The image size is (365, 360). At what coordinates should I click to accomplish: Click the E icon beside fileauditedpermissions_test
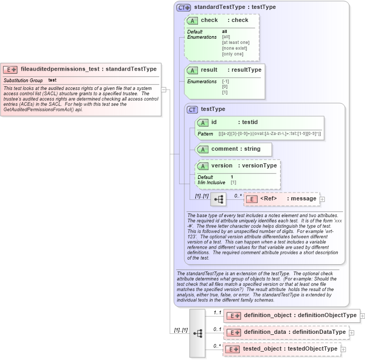click(11, 69)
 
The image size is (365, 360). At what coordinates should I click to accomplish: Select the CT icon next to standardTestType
click(183, 7)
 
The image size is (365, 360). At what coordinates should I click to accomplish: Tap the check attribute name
click(209, 20)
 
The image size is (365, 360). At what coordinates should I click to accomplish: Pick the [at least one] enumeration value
click(236, 42)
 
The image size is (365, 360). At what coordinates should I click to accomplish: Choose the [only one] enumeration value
click(233, 54)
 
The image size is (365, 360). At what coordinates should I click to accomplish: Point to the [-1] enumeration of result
click(225, 82)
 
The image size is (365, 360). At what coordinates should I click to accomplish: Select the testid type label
click(250, 122)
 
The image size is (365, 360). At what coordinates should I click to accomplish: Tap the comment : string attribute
click(235, 149)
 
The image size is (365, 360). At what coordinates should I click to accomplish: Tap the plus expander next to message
click(323, 199)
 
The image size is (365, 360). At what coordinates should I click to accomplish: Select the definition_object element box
click(291, 316)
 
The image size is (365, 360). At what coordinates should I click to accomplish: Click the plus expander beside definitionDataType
click(351, 332)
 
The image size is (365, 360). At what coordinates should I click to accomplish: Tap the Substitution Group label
click(23, 81)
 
